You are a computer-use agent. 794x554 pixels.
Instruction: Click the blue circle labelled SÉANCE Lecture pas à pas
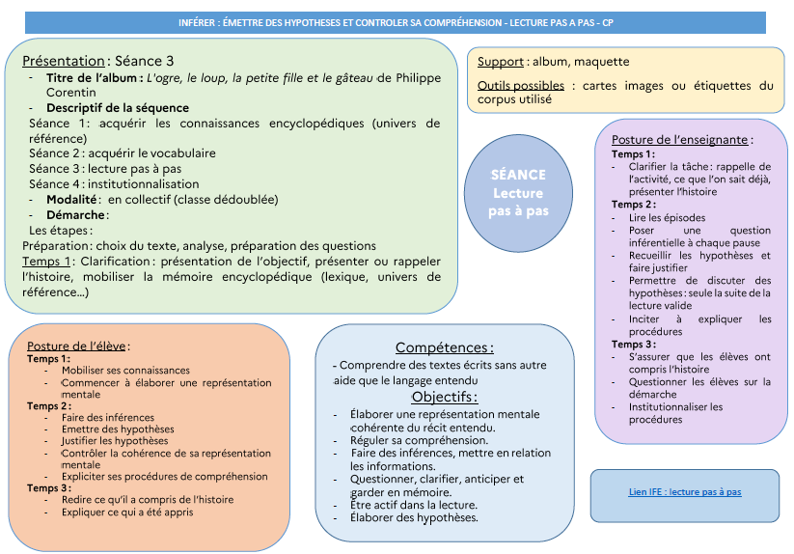coord(517,192)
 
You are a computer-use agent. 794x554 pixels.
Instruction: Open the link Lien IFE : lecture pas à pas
coord(684,492)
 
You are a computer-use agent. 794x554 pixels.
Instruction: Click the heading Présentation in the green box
coord(63,60)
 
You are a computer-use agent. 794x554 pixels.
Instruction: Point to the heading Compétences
coord(444,347)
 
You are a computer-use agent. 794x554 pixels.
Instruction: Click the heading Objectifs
coord(444,397)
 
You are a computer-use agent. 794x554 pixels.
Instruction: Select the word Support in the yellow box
coord(501,62)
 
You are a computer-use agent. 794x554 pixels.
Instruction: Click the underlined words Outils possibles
coord(521,86)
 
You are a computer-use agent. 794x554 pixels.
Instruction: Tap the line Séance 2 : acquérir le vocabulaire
coord(123,153)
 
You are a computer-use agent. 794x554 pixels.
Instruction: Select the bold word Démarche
coord(76,215)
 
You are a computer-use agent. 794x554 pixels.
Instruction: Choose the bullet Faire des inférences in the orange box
coord(107,417)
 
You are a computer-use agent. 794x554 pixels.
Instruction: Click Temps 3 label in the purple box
coord(633,345)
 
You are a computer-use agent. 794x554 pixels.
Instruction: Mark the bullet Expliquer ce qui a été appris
coord(127,512)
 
